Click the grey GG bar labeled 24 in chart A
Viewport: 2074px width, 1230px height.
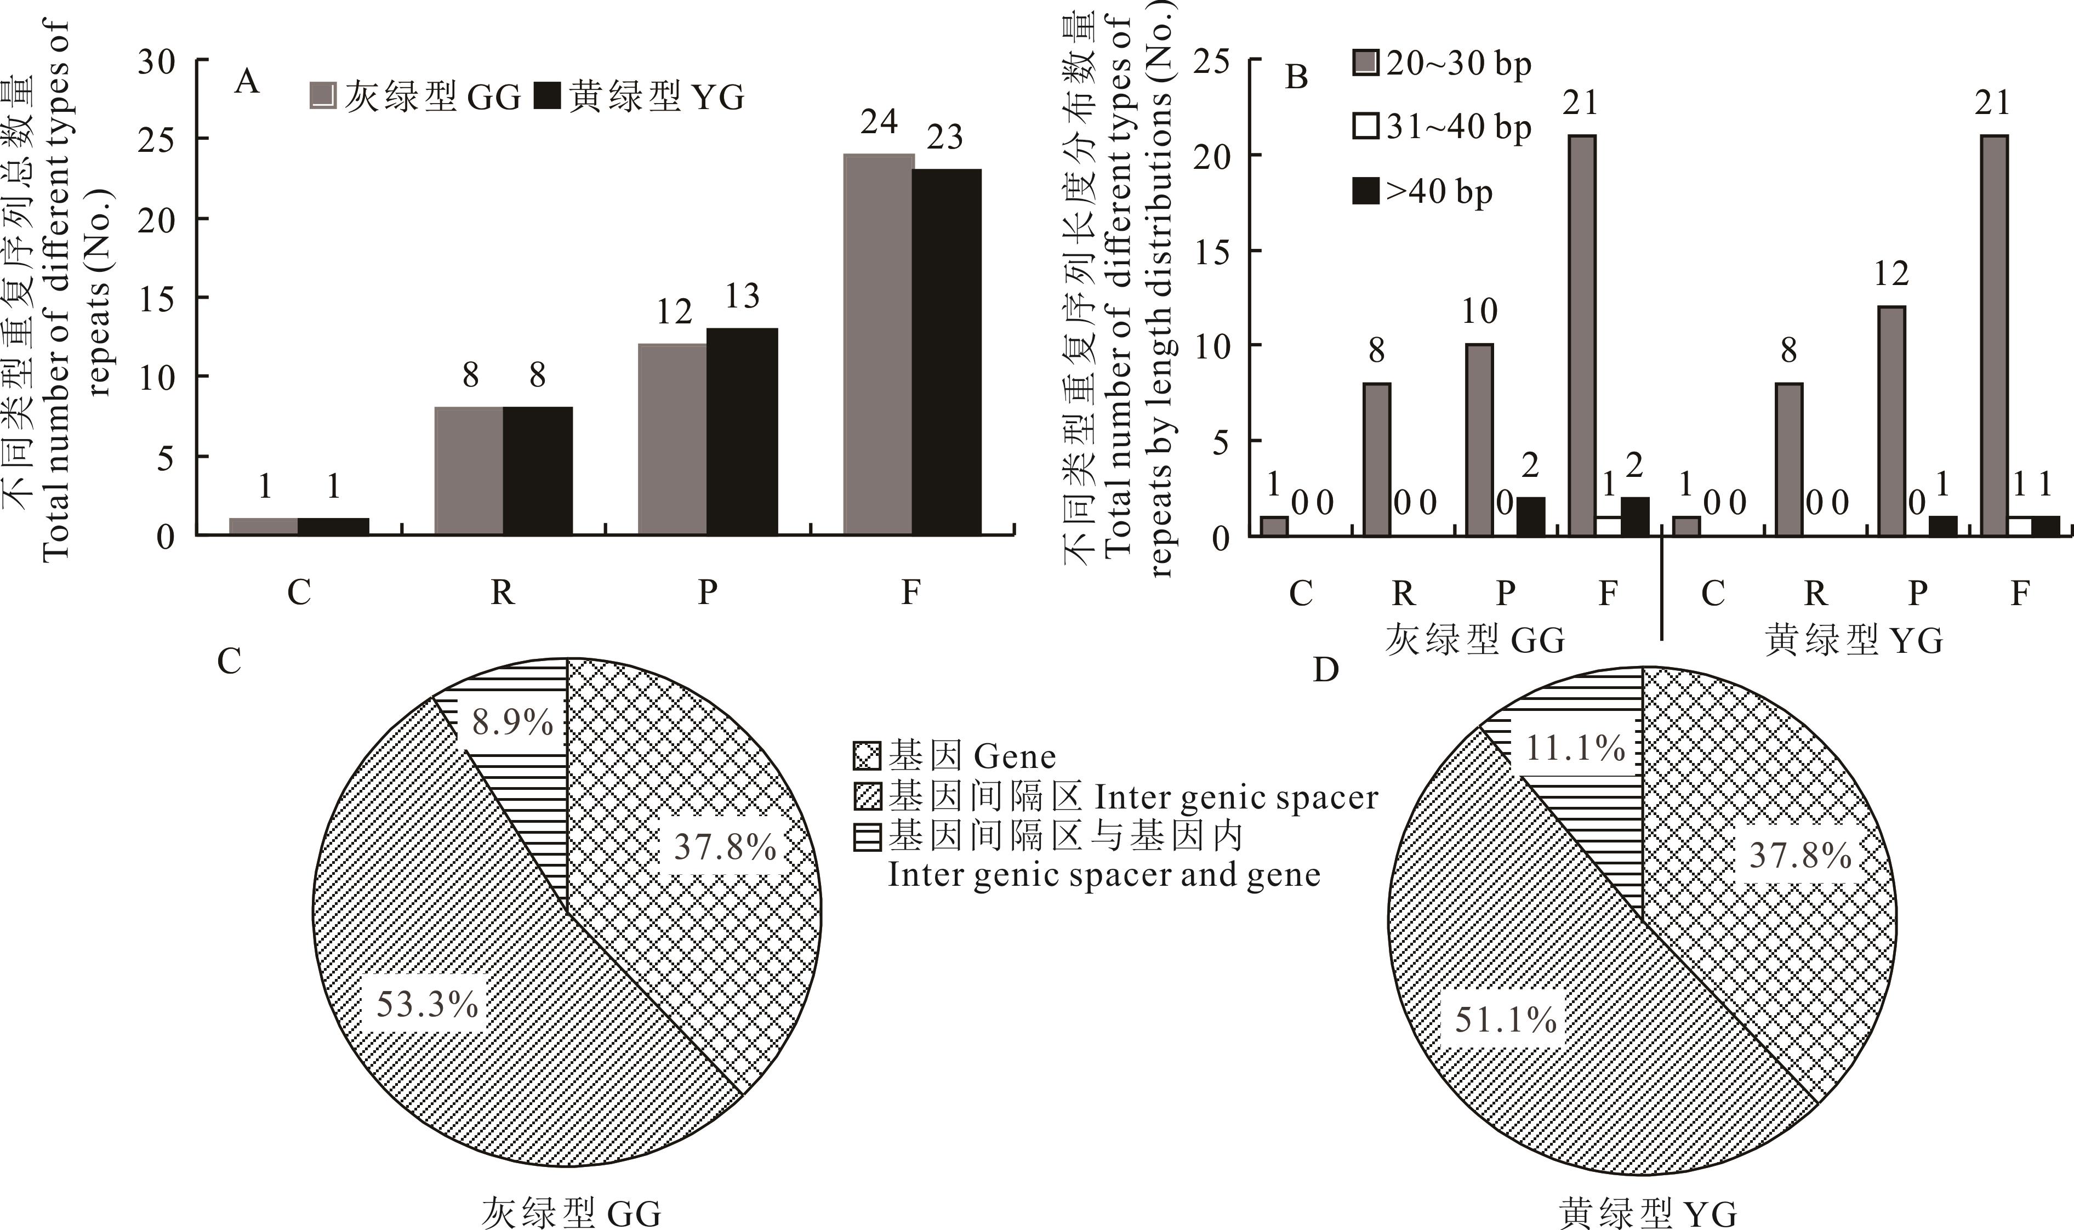pos(878,344)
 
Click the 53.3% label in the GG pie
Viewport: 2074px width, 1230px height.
pos(427,1005)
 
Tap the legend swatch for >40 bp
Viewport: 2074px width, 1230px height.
pos(1365,191)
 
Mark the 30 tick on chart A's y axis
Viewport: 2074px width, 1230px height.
pos(157,61)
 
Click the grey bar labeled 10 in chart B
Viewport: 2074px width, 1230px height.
pos(1479,439)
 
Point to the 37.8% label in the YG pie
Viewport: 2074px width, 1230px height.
pos(1800,856)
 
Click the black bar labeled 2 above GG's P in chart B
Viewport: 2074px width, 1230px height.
pos(1530,516)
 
